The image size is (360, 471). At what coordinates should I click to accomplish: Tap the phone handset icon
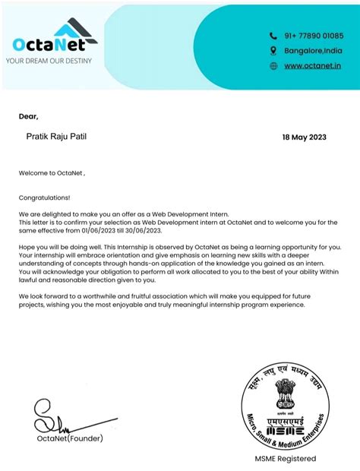pos(274,36)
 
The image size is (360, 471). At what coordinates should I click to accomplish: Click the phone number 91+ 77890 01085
pos(314,36)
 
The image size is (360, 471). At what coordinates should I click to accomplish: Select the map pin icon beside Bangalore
pos(274,51)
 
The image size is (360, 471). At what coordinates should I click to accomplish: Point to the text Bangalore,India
pos(313,51)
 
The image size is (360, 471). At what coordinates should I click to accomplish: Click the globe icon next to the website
pos(274,66)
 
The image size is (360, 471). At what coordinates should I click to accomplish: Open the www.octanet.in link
pos(312,66)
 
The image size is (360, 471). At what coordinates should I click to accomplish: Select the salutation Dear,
pos(28,116)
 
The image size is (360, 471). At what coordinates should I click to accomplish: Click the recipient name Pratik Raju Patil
pos(58,134)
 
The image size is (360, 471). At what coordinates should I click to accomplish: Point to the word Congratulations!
pos(44,197)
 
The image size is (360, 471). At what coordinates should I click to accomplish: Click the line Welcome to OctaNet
pos(52,173)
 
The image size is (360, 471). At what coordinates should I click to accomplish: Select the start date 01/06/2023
pos(112,229)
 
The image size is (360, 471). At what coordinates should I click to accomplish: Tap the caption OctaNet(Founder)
pos(69,438)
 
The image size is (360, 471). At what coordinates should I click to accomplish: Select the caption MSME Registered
pos(285,459)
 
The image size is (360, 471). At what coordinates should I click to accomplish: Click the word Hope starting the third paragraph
pos(27,248)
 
